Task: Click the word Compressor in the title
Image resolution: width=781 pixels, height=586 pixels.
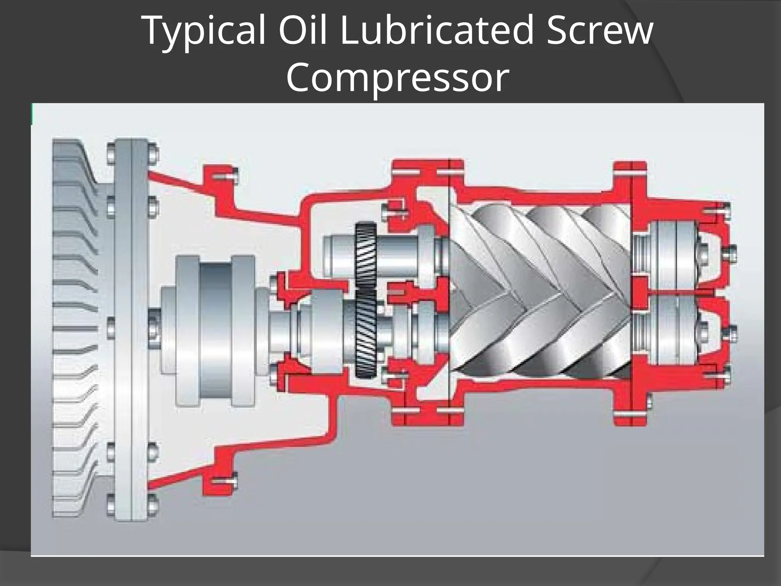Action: tap(397, 77)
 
